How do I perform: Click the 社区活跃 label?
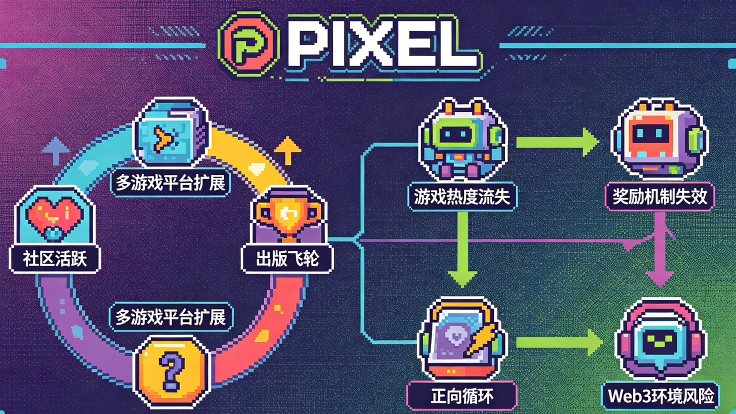pos(55,259)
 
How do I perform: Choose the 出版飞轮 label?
pos(287,259)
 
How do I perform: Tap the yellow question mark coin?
pos(171,370)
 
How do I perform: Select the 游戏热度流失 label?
pos(462,196)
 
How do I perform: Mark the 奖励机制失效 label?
pos(659,196)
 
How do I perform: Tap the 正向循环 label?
pos(461,396)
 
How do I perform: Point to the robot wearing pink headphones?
pos(660,340)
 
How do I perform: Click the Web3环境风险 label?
pos(660,396)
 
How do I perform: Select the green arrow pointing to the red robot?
pos(557,141)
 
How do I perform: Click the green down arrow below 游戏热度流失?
pos(462,250)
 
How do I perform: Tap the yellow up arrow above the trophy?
pos(287,149)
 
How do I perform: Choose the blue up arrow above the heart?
pos(55,149)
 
